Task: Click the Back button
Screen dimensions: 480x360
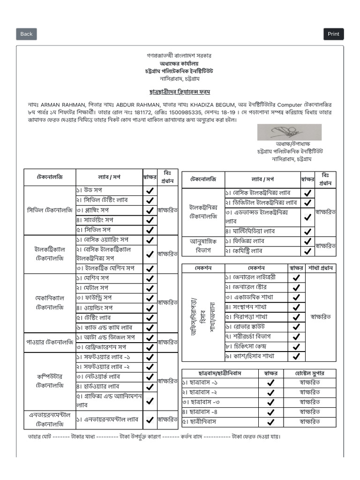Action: (26, 34)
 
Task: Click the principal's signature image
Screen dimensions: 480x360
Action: (289, 132)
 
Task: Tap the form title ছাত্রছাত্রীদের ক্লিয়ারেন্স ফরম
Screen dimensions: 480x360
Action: (180, 92)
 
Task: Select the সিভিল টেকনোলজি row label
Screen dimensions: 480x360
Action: (50, 210)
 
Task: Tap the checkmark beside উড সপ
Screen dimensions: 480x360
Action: (150, 191)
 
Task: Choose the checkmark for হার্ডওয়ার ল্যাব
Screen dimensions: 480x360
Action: (150, 387)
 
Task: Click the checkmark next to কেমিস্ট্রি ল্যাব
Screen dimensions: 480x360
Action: (307, 251)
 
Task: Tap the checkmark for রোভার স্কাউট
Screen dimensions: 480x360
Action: (296, 327)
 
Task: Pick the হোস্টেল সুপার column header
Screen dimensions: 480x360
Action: (309, 374)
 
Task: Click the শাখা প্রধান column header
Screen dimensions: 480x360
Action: (320, 268)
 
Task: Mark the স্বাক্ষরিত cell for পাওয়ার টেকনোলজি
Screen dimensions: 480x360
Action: (167, 343)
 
